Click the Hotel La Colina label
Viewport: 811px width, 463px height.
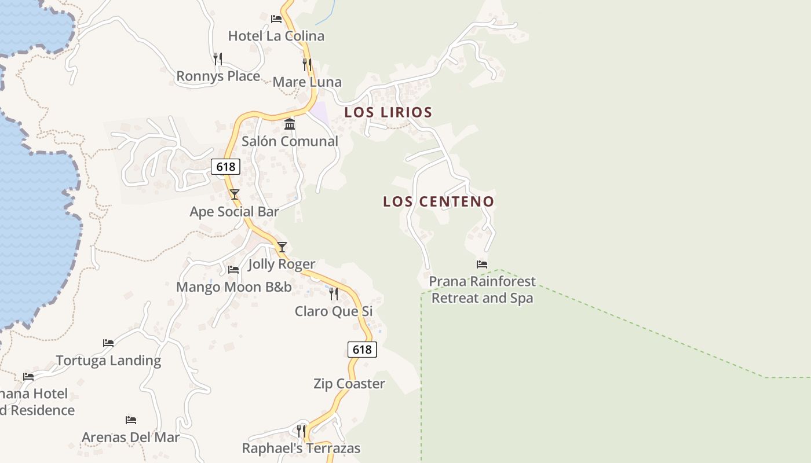(276, 36)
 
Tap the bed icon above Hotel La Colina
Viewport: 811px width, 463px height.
(276, 19)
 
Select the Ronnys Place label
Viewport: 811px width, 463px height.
(218, 76)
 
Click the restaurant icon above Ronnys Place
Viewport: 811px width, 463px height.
(218, 58)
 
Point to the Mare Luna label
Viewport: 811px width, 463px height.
(307, 82)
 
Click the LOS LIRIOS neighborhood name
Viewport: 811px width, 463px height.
(388, 112)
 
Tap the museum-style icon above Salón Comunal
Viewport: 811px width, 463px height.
(290, 124)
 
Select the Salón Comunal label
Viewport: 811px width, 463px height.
(290, 141)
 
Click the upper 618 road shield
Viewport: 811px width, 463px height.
(225, 167)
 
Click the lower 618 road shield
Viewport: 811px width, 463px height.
(362, 350)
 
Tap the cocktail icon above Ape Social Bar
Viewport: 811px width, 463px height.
(234, 194)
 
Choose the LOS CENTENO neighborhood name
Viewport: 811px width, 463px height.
(439, 202)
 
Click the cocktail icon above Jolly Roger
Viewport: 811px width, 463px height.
(282, 247)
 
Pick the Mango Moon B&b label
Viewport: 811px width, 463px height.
(234, 287)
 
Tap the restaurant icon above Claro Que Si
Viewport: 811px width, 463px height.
(334, 294)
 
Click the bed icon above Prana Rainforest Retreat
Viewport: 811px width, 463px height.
(481, 264)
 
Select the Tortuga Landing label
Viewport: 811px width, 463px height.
(108, 361)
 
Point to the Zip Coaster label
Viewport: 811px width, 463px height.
(349, 384)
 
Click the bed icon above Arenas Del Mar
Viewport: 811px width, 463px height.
(131, 420)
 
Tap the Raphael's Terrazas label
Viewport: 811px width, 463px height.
(301, 448)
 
